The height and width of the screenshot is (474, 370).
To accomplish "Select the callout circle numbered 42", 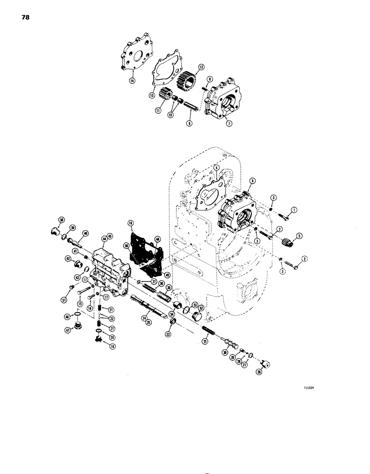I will pos(69,259).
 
